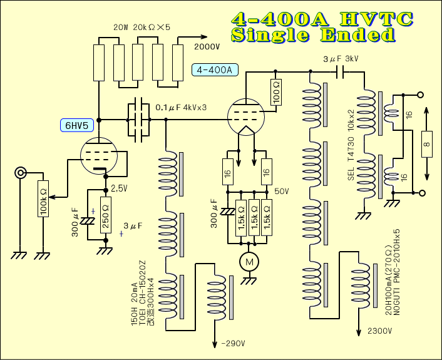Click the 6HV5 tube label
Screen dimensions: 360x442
pos(74,124)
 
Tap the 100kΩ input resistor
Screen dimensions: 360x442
pos(43,200)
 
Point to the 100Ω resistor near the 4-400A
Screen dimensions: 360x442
pos(276,92)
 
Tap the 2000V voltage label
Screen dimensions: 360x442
pos(207,46)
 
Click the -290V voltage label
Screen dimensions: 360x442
pos(232,343)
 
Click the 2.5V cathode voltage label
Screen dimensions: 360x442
pos(119,188)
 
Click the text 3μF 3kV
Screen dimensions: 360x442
pos(341,59)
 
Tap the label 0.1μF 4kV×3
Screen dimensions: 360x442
pos(181,108)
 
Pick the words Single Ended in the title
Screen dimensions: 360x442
pos(313,35)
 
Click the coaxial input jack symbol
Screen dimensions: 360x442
pos(22,172)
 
